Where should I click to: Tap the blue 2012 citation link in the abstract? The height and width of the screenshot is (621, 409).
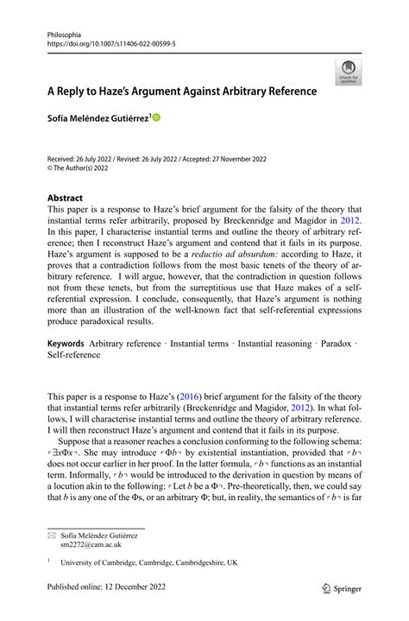coord(349,220)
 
